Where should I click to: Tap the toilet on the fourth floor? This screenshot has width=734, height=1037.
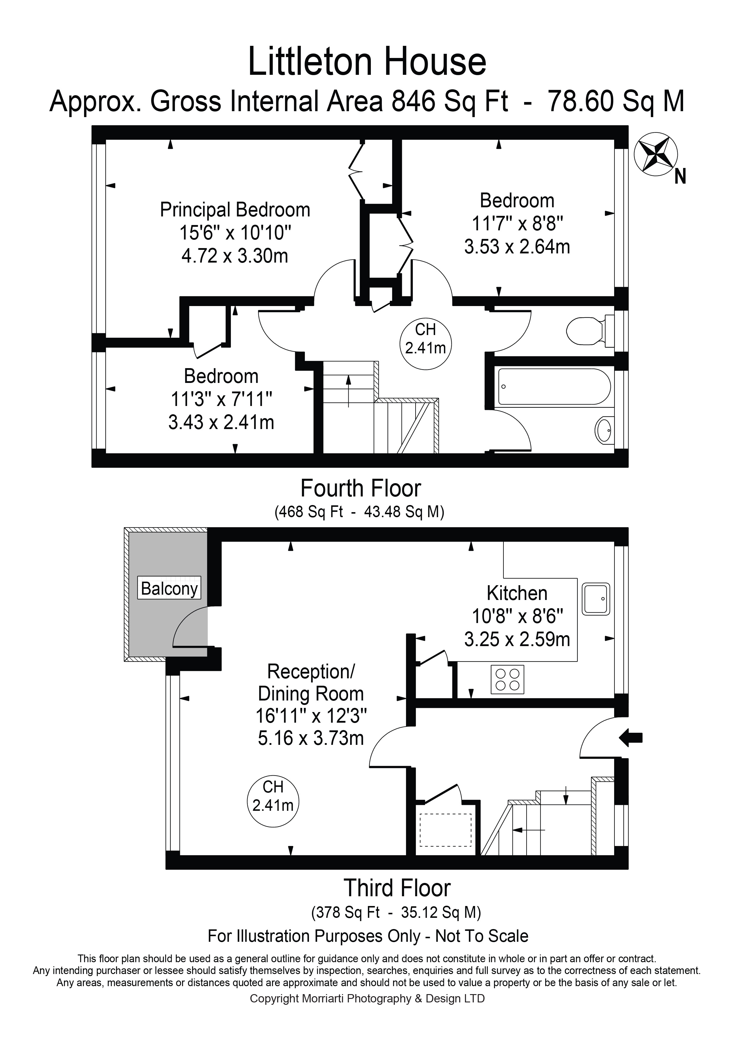pos(587,331)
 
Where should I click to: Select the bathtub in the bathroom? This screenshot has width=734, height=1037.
pos(554,386)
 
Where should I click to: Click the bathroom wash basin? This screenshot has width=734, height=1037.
pos(604,430)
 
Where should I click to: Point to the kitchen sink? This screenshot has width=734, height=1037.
pos(596,599)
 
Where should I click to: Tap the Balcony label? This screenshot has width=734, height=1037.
pos(169,588)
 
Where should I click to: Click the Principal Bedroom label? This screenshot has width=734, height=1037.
pos(235,210)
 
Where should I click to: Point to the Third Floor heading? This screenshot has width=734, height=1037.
pos(397,888)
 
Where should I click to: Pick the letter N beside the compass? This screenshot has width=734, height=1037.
pos(680,177)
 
